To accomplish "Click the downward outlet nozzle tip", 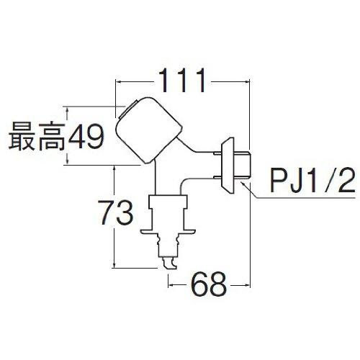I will [169, 264].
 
